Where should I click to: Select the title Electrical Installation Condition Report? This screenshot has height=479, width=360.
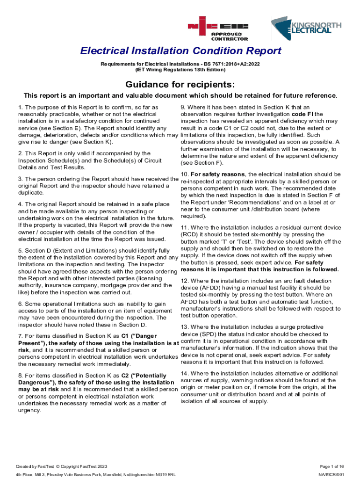[x=180, y=51]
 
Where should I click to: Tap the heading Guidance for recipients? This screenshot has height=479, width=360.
[x=180, y=84]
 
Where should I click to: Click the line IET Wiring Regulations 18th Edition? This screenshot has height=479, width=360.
[x=180, y=69]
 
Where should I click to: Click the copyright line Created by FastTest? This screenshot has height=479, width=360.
[x=62, y=466]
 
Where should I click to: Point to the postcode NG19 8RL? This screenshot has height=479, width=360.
[x=166, y=475]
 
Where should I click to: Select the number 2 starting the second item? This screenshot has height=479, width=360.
[x=20, y=153]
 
